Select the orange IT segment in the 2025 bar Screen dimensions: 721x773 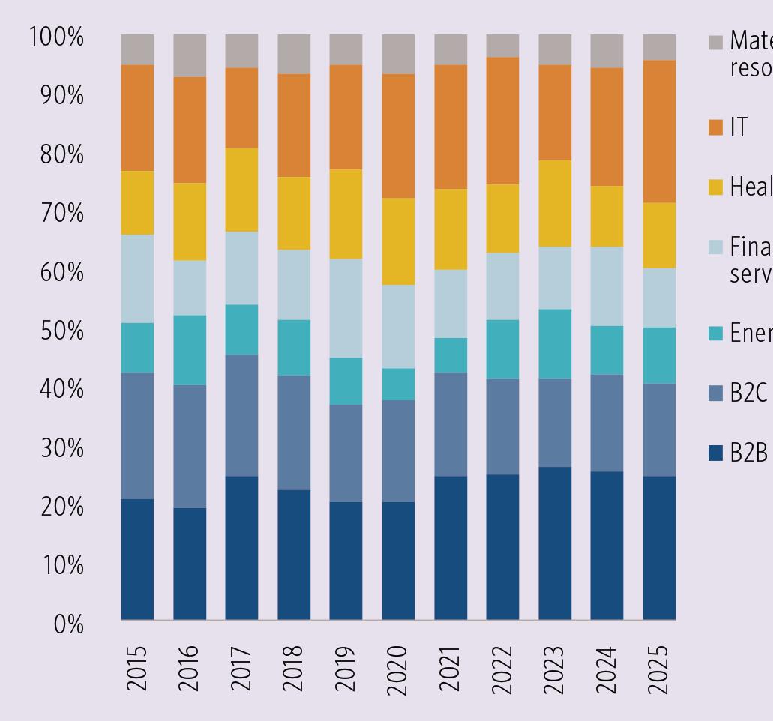[659, 131]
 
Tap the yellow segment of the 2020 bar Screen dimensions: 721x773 [398, 241]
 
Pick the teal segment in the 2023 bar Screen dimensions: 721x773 [555, 343]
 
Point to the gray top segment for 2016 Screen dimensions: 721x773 [190, 55]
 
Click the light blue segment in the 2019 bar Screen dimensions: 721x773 [346, 307]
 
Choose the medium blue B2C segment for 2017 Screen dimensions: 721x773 [241, 414]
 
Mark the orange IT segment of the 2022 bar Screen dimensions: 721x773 [502, 120]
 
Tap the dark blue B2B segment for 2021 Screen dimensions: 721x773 [450, 547]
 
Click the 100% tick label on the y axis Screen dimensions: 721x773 [56, 37]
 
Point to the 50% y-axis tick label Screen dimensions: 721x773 [61, 331]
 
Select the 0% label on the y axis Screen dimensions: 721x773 [68, 624]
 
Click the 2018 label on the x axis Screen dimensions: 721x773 [294, 670]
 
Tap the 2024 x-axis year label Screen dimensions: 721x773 [607, 670]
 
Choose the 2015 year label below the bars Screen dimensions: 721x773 [137, 670]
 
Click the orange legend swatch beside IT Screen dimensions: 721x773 [716, 128]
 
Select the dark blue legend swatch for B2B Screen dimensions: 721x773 [716, 453]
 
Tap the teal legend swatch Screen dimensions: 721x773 [716, 333]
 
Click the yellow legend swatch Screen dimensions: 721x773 [716, 187]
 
